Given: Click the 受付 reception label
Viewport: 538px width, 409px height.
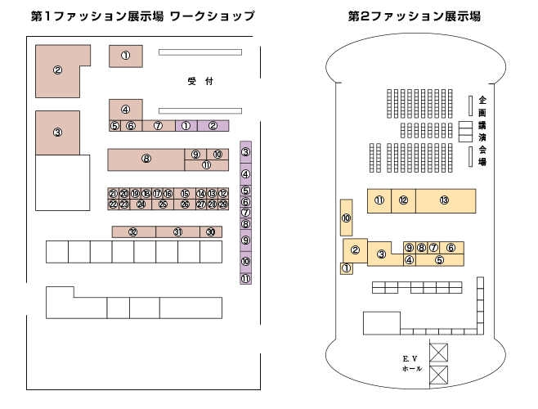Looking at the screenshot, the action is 200,81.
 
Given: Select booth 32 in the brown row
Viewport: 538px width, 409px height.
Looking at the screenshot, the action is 132,232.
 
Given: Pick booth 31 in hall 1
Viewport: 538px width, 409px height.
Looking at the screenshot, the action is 177,232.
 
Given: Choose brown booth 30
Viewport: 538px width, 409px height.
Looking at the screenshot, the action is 211,232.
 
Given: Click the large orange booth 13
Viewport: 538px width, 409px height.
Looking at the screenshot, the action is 444,200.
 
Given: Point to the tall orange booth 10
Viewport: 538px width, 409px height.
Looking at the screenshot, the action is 346,218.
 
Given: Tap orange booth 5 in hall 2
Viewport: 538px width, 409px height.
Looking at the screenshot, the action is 439,260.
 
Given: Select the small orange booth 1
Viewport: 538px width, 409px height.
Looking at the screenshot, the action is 346,268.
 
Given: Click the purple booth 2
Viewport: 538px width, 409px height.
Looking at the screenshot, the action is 213,126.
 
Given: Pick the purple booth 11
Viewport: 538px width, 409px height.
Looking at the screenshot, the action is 245,279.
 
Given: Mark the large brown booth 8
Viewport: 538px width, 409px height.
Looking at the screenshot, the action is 146,159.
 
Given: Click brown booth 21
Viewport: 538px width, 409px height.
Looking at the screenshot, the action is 113,193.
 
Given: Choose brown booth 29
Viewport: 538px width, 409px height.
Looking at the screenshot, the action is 223,204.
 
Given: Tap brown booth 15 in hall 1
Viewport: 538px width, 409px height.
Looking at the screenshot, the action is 185,193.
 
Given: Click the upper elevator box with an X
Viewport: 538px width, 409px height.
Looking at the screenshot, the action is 439,353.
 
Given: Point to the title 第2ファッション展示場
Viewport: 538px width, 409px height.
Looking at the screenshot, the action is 414,16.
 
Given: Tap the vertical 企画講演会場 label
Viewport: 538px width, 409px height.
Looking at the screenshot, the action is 482,130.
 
